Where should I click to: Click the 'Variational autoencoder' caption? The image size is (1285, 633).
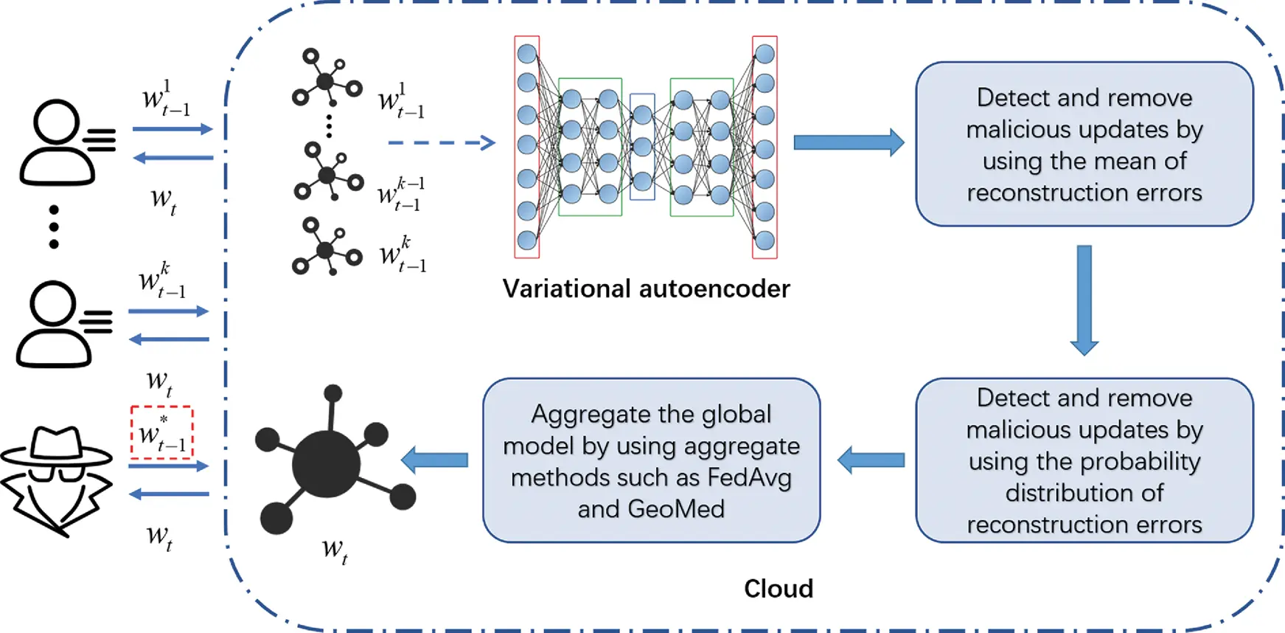(x=646, y=288)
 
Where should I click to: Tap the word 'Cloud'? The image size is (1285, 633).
(x=778, y=589)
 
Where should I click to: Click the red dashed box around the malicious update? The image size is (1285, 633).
(x=161, y=432)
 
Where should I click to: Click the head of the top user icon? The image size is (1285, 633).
(x=56, y=122)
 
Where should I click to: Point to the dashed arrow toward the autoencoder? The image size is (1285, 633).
(x=441, y=142)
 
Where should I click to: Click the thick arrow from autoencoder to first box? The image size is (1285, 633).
(x=848, y=142)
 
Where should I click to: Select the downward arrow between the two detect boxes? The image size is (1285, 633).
(x=1084, y=299)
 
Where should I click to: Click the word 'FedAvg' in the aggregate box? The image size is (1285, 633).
(x=749, y=477)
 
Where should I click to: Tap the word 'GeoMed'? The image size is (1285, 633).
(x=676, y=509)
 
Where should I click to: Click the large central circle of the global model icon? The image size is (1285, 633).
(x=326, y=465)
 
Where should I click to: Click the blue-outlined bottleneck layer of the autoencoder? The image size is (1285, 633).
(x=642, y=147)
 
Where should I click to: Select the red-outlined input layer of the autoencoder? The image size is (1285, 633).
(x=527, y=147)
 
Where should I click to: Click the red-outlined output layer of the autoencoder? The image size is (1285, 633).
(x=765, y=147)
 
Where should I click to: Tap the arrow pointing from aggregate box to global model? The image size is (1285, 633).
(x=435, y=460)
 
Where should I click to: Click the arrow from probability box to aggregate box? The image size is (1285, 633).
(x=871, y=460)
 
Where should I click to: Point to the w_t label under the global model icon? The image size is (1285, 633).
(x=334, y=550)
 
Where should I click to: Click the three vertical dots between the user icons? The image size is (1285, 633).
(x=54, y=226)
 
